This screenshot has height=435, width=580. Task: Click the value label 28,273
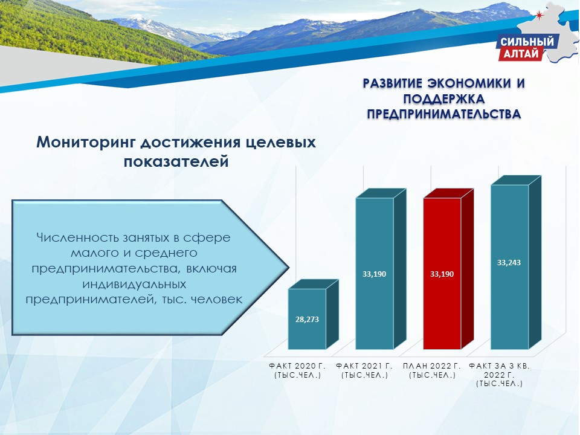pyautogui.click(x=307, y=319)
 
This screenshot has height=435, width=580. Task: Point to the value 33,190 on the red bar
pyautogui.click(x=442, y=274)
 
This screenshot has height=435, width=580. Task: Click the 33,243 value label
pyautogui.click(x=509, y=263)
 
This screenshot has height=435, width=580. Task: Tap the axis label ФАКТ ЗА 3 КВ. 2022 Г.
pyautogui.click(x=500, y=375)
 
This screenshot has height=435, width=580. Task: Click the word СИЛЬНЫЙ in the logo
pyautogui.click(x=527, y=42)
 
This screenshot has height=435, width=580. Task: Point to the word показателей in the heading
pyautogui.click(x=176, y=162)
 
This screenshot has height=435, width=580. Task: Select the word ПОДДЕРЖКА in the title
pyautogui.click(x=444, y=99)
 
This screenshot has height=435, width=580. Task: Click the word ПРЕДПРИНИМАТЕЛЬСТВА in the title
pyautogui.click(x=444, y=114)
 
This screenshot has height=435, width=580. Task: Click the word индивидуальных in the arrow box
pyautogui.click(x=134, y=284)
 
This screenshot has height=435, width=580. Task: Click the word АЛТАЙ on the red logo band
pyautogui.click(x=521, y=54)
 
